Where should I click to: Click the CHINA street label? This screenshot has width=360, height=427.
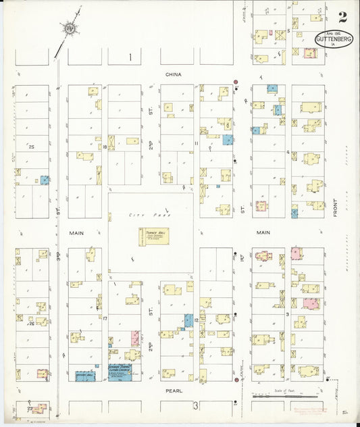coord(174,76)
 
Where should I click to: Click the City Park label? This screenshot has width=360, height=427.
coord(142,214)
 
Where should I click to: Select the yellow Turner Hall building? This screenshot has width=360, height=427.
coord(154,236)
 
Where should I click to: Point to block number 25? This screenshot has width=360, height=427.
coord(31,147)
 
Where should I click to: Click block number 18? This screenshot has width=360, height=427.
coord(105,147)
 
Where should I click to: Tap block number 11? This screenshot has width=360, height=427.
coord(196,143)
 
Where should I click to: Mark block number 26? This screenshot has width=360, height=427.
coord(31,324)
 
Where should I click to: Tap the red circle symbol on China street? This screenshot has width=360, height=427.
coord(236,82)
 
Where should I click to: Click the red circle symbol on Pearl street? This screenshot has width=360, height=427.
coord(236,381)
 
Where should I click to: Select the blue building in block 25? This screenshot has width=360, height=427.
coord(45,180)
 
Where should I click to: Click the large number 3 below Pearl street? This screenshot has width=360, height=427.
coord(196,405)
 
